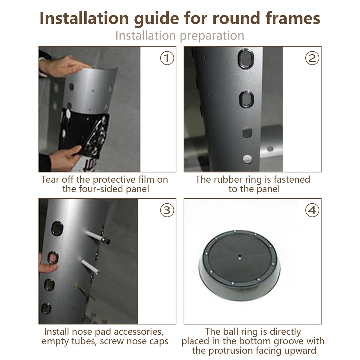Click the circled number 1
coord(167,58)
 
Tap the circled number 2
coord(312,58)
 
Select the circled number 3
coord(167,210)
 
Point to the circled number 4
coord(312,210)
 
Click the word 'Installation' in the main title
coord(84,18)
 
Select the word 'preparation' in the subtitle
coord(212,36)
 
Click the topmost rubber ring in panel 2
coord(246,59)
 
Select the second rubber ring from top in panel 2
coord(246,99)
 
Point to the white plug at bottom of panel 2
coord(247,159)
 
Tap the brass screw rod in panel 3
coord(87,293)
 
